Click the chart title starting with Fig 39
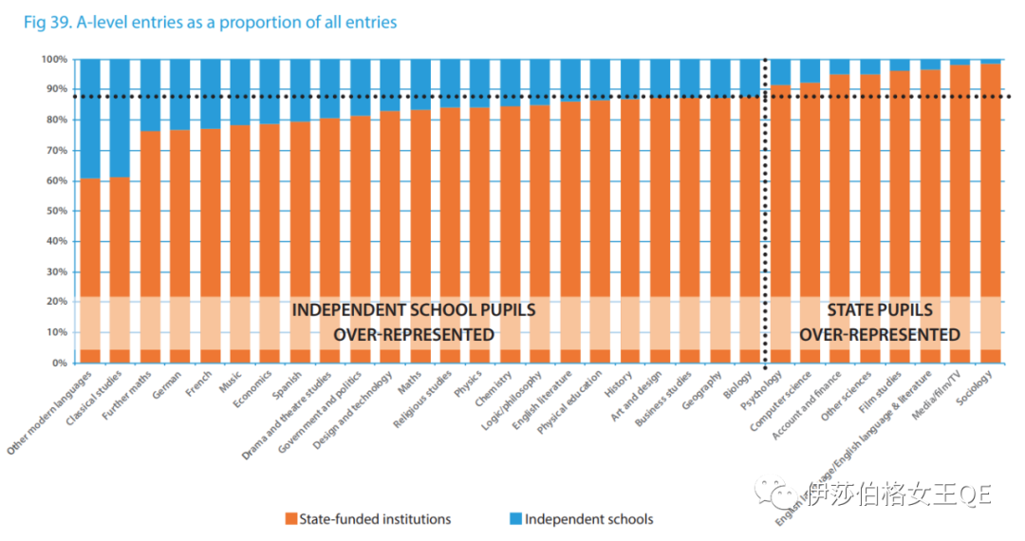click(209, 21)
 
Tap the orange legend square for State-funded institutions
click(290, 519)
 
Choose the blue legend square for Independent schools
click(515, 519)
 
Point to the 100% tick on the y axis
click(54, 59)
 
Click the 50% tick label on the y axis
click(56, 211)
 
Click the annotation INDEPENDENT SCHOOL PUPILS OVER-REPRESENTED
click(413, 323)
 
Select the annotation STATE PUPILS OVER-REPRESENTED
click(879, 323)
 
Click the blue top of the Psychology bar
click(779, 72)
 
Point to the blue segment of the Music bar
click(240, 91)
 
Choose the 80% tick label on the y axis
click(56, 120)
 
